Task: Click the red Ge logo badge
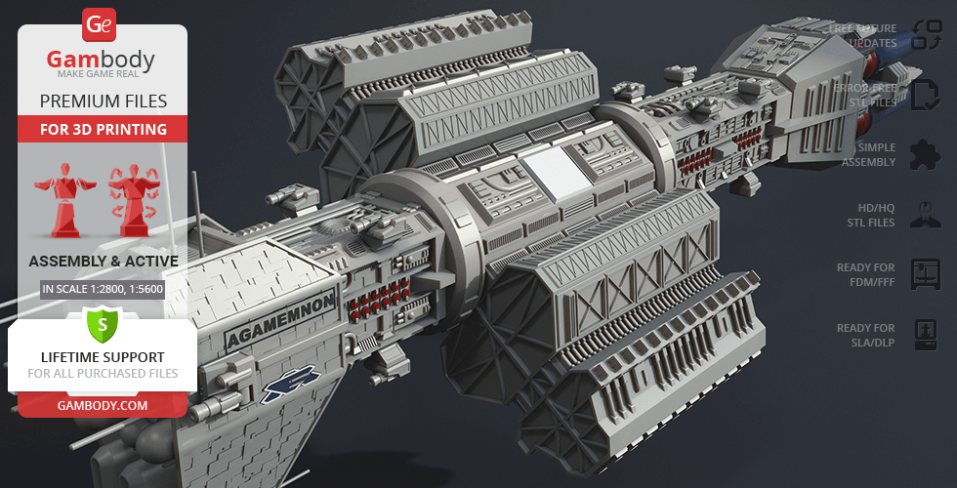click(x=99, y=24)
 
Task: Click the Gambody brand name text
click(x=101, y=60)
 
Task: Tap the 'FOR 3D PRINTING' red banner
click(x=104, y=129)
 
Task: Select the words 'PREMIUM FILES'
click(x=104, y=102)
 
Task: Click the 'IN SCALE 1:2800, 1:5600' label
click(x=103, y=289)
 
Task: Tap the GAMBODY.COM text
click(x=103, y=406)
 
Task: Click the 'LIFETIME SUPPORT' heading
click(x=103, y=357)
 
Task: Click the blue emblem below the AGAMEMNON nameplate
click(x=290, y=384)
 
